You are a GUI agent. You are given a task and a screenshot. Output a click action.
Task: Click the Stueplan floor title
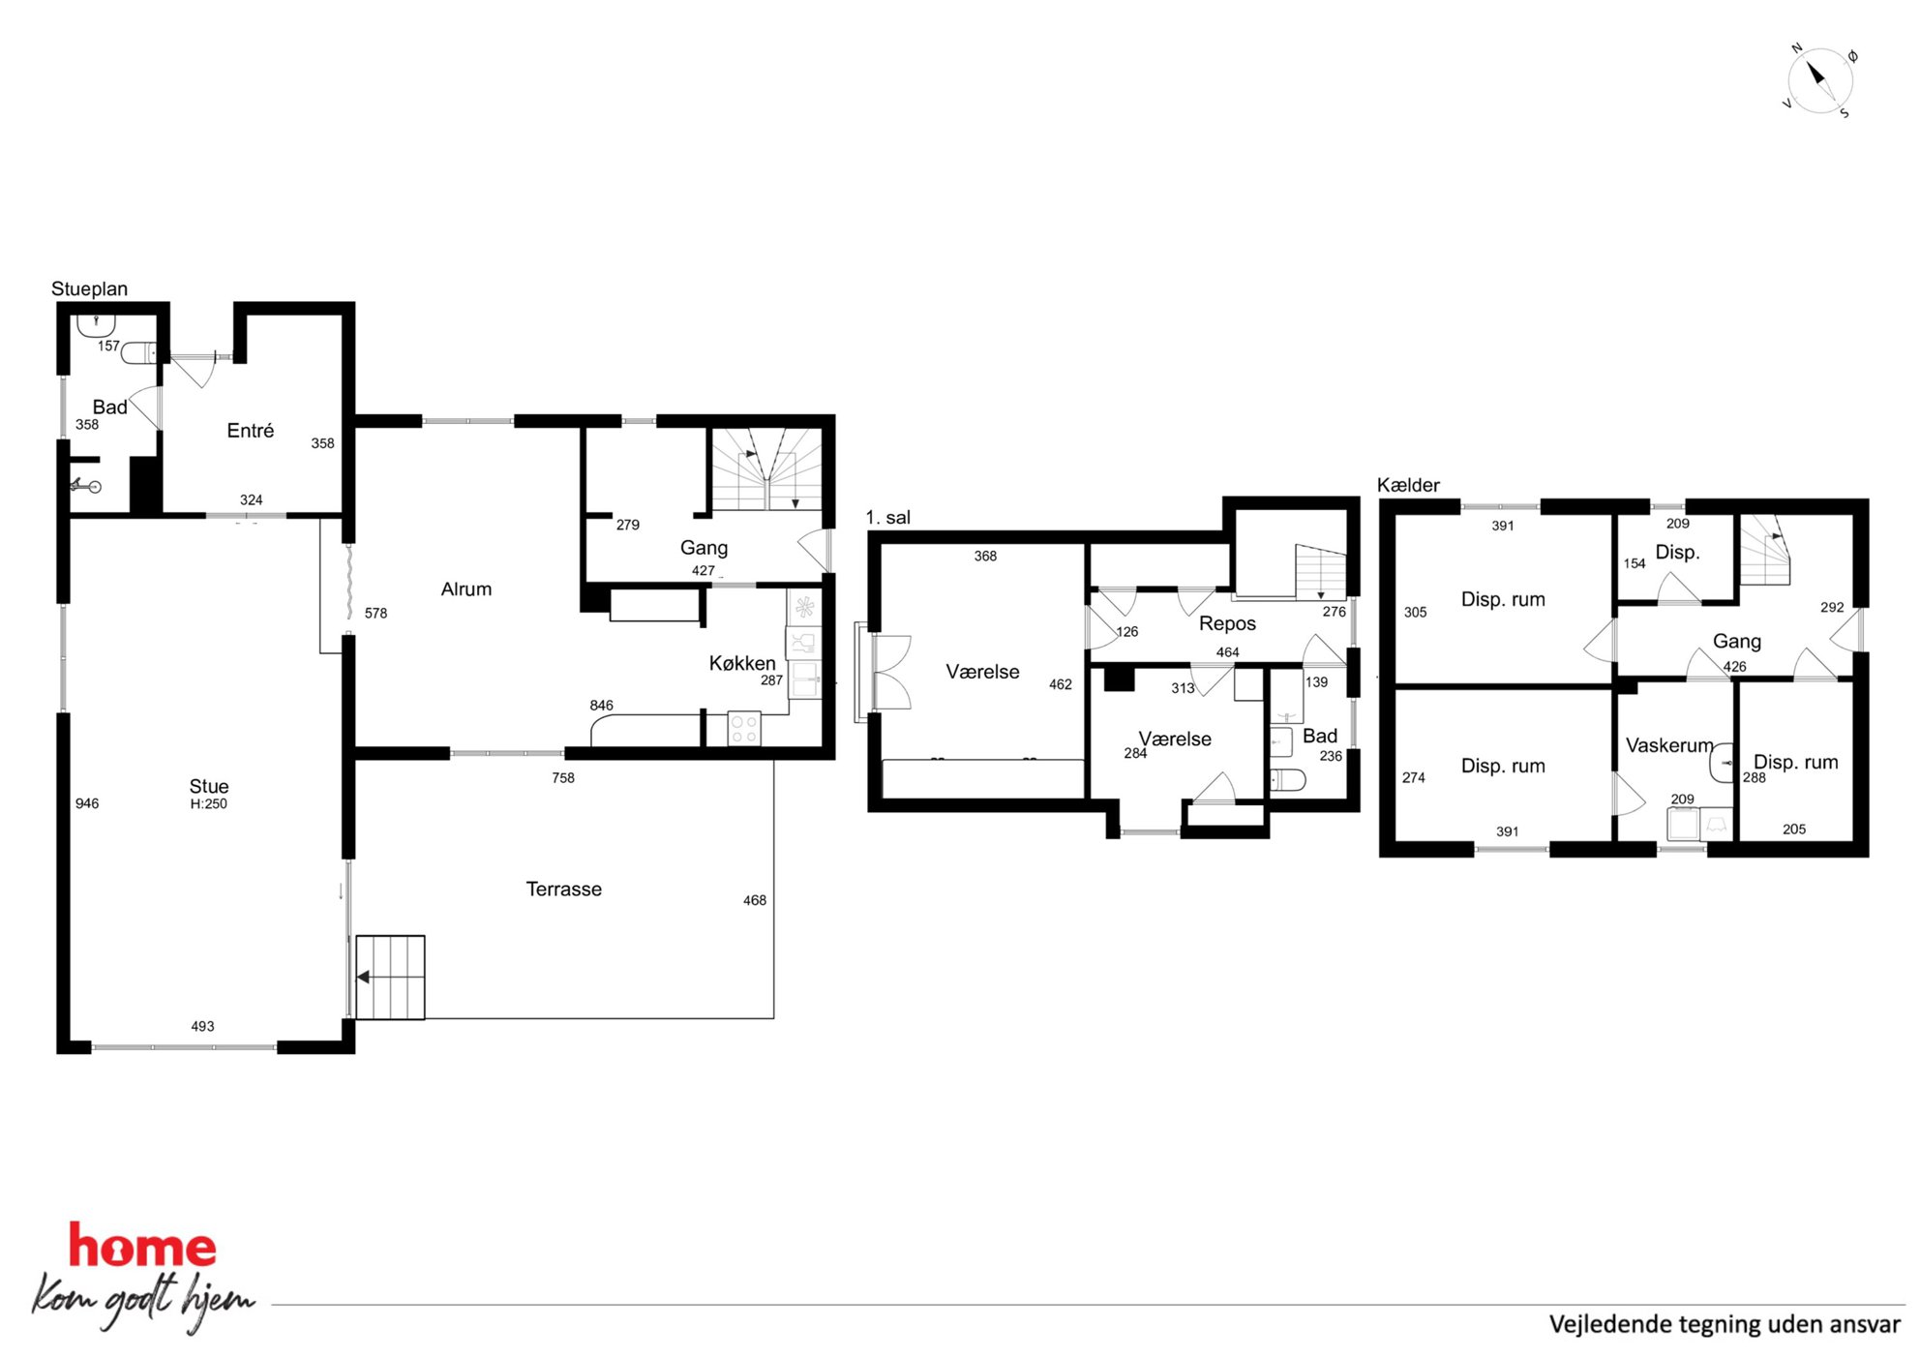[x=89, y=288]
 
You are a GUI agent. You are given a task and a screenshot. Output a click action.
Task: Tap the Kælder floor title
[x=1408, y=485]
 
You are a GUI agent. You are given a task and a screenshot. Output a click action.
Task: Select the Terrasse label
[x=563, y=889]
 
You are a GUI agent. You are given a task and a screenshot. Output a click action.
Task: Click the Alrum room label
[x=465, y=588]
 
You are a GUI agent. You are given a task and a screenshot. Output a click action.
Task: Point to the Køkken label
[x=742, y=663]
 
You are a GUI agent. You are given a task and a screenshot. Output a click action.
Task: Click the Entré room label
[x=250, y=431]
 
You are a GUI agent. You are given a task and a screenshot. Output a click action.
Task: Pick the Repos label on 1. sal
[x=1227, y=623]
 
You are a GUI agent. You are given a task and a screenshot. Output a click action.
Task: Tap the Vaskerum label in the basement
[x=1669, y=745]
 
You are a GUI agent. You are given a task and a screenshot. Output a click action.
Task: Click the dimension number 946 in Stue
[x=87, y=803]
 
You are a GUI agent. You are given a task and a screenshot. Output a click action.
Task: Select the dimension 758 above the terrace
[x=563, y=777]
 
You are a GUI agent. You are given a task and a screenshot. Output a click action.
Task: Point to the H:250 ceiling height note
[x=209, y=804]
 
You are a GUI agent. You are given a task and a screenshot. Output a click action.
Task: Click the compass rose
[x=1819, y=79]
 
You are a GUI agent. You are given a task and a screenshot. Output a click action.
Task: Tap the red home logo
[x=142, y=1247]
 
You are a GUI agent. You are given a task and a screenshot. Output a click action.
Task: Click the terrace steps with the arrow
[x=391, y=977]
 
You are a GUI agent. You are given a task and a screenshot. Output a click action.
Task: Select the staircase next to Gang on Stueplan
[x=767, y=469]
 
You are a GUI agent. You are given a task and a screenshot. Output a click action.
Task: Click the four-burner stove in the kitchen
[x=744, y=729]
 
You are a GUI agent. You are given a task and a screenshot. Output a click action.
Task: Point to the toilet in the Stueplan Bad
[x=138, y=353]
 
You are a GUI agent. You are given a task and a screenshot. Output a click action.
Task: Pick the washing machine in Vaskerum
[x=1684, y=824]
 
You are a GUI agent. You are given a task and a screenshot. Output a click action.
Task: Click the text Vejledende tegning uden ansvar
[x=1725, y=1324]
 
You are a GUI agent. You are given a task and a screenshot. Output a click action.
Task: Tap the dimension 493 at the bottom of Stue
[x=202, y=1026]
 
